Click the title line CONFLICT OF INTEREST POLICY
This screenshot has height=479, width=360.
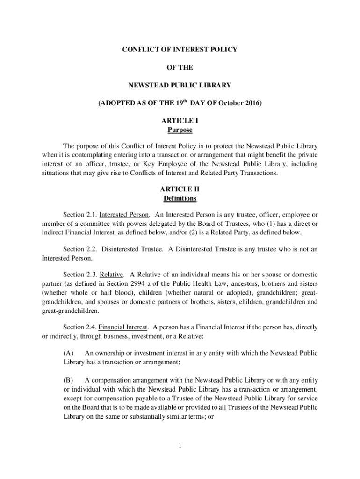click(x=180, y=49)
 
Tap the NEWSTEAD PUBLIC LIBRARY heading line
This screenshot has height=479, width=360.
click(x=180, y=86)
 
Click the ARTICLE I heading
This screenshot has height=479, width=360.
click(x=180, y=121)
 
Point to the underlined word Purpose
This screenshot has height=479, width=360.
click(x=180, y=130)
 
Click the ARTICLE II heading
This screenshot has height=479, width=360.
click(x=180, y=189)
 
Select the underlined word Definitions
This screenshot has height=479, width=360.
click(x=180, y=198)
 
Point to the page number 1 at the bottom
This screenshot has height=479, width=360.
click(x=180, y=445)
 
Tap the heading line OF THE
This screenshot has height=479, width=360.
click(x=180, y=67)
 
